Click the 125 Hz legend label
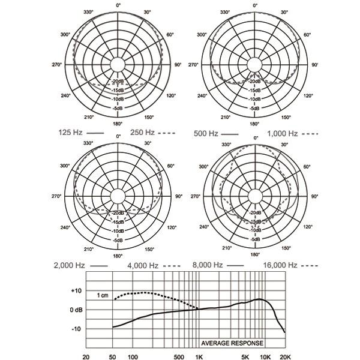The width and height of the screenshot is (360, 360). pos(71,132)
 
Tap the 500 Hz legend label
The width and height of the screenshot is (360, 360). pos(207,132)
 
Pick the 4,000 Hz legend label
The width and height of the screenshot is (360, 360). pos(142,265)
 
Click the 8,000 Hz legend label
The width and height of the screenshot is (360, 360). pos(208,264)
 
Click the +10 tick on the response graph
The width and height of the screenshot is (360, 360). pos(76,290)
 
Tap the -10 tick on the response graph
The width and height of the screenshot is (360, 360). pos(76,329)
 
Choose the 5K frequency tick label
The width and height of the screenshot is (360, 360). pos(246,355)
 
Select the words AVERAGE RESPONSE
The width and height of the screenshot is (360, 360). pos(231,344)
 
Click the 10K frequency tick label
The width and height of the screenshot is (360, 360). pos(265,355)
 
